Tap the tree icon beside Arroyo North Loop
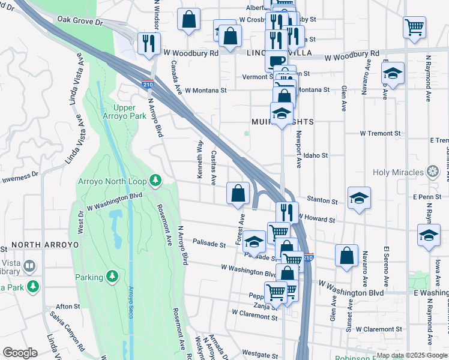pos(155,180)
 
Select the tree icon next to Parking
pos(112,277)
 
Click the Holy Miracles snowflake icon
pos(432,172)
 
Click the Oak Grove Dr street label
pos(80,20)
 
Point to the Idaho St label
pos(316,155)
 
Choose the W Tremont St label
pos(380,133)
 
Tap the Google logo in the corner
pos(20,353)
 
